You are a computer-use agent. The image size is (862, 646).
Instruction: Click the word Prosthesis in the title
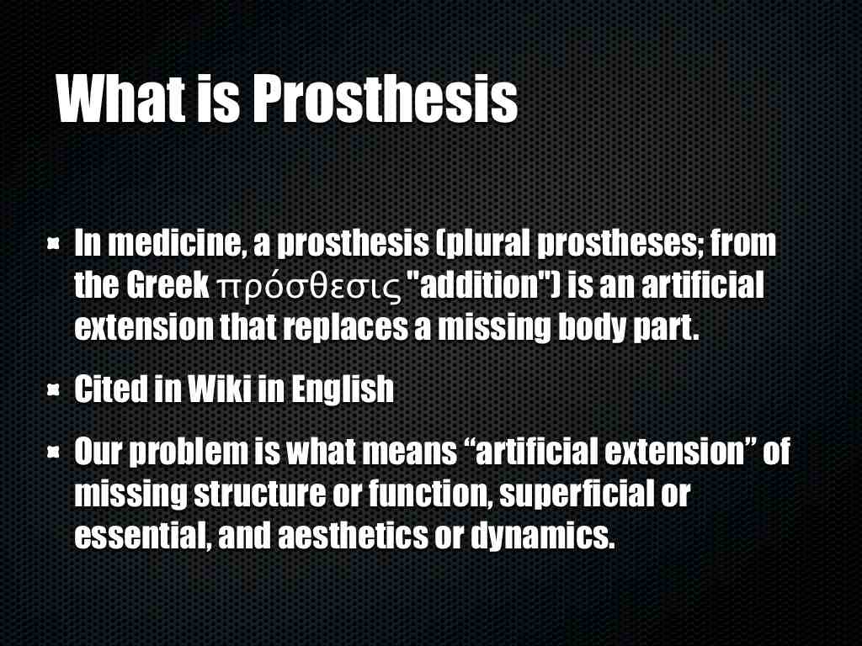385,99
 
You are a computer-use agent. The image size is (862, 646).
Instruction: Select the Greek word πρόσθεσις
310,287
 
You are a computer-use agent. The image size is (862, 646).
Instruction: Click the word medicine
176,243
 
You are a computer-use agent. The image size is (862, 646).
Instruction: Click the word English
343,389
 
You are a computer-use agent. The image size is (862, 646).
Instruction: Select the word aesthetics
353,536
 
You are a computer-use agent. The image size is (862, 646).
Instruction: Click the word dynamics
543,536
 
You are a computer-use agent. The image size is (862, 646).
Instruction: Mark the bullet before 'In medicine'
53,243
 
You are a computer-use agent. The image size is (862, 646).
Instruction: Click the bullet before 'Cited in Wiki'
53,389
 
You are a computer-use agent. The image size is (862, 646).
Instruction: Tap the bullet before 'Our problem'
53,452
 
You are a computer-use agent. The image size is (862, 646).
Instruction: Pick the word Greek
168,286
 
